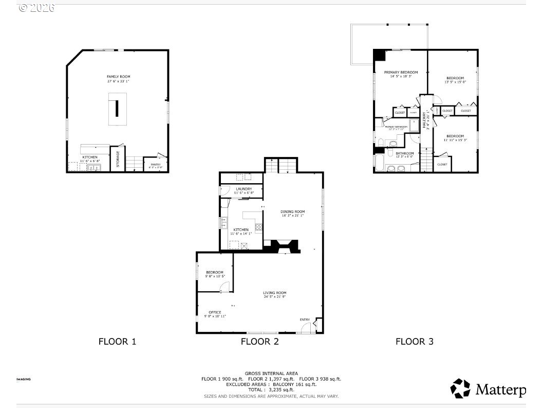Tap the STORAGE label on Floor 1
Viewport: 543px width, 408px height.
tap(118, 159)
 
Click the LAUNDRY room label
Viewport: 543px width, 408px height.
tap(244, 189)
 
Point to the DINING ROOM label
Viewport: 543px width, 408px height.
tap(292, 211)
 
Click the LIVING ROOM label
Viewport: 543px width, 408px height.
tap(275, 293)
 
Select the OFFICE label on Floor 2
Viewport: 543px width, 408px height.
tap(215, 312)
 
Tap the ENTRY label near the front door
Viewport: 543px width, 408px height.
tap(305, 320)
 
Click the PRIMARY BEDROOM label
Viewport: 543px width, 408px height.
tap(401, 72)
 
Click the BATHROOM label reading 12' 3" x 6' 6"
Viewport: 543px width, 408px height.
tap(404, 153)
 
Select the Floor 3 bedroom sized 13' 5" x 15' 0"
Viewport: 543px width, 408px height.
tap(455, 78)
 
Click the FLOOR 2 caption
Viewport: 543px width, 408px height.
tap(260, 341)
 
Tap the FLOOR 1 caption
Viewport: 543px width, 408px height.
tap(117, 341)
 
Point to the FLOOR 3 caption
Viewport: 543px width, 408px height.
tap(414, 341)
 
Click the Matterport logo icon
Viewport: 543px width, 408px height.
tap(460, 388)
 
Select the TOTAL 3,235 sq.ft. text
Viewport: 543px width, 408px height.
tap(271, 389)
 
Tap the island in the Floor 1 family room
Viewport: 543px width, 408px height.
tap(117, 109)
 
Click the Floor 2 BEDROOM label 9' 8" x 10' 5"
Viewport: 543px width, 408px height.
tap(215, 272)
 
